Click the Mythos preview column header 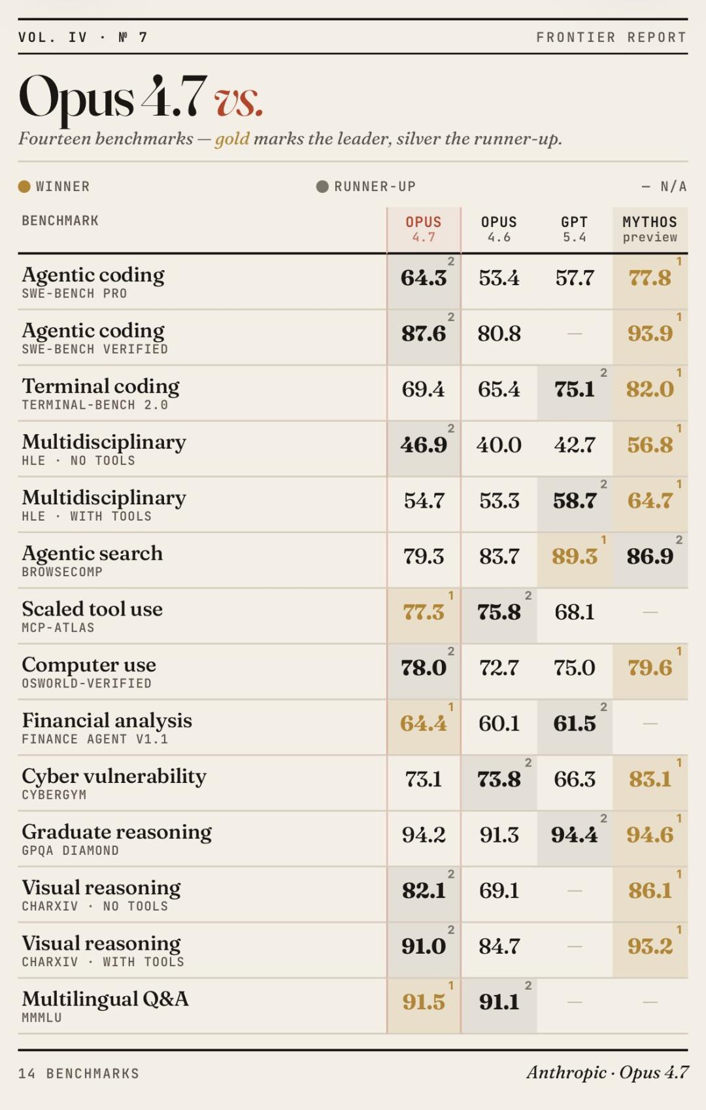(x=649, y=229)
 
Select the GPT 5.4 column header (x=574, y=229)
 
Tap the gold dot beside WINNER (x=24, y=186)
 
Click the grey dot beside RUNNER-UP (x=322, y=186)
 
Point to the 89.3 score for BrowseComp (x=574, y=557)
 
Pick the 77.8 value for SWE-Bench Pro (x=649, y=278)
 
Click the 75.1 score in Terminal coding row (x=574, y=389)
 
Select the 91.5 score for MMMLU (x=424, y=1002)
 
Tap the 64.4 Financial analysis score (x=424, y=723)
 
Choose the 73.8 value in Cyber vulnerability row (x=499, y=779)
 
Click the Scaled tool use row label (x=92, y=609)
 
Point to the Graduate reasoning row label (x=116, y=832)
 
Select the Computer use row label (x=89, y=665)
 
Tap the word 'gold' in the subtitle (x=232, y=139)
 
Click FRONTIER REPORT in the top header (x=611, y=37)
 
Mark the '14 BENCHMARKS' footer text (x=78, y=1073)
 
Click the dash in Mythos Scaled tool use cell (x=650, y=612)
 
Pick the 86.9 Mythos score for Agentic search (x=649, y=557)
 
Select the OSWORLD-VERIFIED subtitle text (x=86, y=684)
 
